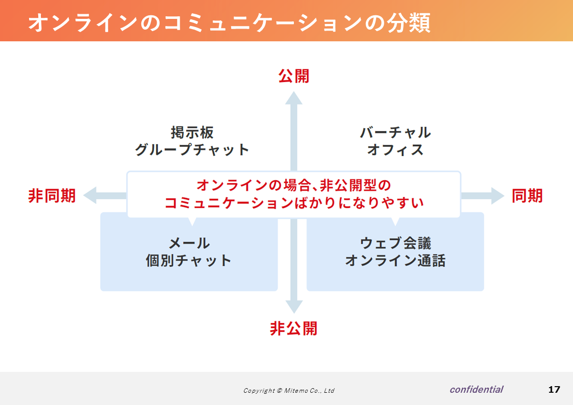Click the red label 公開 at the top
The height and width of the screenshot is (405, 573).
(294, 76)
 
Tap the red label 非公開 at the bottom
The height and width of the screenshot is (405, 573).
(294, 328)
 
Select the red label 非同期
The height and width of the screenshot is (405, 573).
(52, 196)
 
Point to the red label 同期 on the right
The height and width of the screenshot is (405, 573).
(527, 196)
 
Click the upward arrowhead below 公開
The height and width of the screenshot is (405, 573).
(294, 98)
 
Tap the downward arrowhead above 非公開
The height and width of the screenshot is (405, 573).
(294, 307)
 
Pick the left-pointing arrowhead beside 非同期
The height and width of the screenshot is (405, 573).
(90, 195)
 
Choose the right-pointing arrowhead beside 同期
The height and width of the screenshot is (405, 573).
(497, 196)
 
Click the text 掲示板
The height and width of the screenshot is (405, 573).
(192, 132)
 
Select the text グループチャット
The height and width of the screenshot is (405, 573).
(192, 150)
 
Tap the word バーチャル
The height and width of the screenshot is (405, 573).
(395, 132)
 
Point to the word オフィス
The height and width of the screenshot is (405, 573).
(395, 150)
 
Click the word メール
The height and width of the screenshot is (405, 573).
(189, 243)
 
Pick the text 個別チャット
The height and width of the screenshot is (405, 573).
(189, 260)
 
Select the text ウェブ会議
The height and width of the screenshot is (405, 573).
(395, 243)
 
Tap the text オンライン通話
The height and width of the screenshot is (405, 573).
(395, 260)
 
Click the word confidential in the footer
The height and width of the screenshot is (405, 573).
(477, 389)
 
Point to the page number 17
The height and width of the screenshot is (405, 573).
(554, 390)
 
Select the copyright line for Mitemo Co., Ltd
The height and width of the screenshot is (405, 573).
(289, 390)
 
